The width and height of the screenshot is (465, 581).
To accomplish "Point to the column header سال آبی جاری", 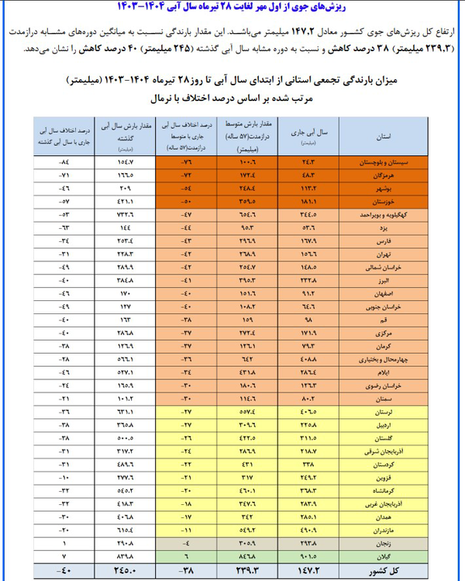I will point(307,135).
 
